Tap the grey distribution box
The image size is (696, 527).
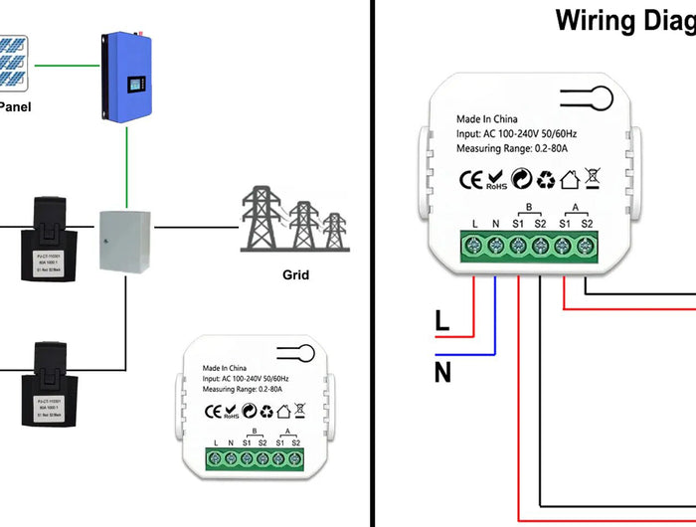coord(124,240)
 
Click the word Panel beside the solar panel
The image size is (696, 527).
coord(13,106)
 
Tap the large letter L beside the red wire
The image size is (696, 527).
coord(442,321)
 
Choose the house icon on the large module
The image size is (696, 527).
coord(570,180)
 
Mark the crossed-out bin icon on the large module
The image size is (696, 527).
coord(593,179)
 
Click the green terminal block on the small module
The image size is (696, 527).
coord(254,459)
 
